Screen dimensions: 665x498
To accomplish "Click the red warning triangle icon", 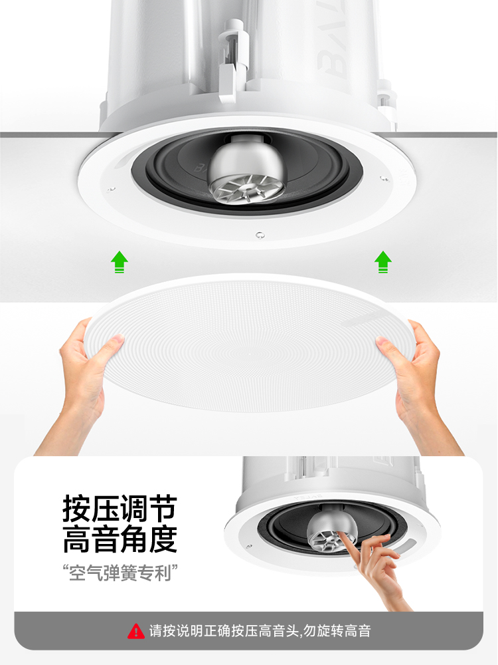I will [136, 630].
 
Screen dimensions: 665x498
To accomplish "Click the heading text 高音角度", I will [120, 539].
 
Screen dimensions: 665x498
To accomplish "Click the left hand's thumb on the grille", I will [110, 343].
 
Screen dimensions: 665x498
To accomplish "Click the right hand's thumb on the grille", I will [388, 346].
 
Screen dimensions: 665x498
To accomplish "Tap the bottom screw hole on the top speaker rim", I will [260, 235].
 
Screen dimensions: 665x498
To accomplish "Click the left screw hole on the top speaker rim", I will [111, 189].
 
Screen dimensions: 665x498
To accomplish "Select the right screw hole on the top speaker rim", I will [383, 178].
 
